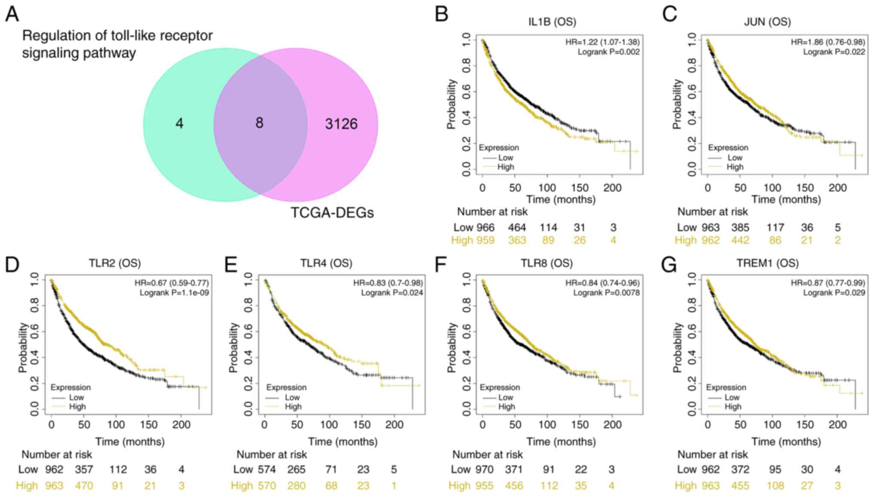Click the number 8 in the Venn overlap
[x=259, y=123]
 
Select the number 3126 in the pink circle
[x=341, y=124]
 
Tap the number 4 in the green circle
[x=179, y=124]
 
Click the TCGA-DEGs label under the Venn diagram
[x=332, y=212]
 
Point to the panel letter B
[x=442, y=14]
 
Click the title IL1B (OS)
[x=552, y=22]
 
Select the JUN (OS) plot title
[x=767, y=22]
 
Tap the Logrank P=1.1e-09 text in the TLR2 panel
[x=174, y=293]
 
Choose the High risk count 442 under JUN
[x=740, y=240]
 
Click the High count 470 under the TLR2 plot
[x=84, y=486]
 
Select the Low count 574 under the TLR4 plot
[x=267, y=469]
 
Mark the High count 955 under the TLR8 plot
[x=484, y=486]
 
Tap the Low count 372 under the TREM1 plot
[x=740, y=469]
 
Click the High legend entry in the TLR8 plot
[x=506, y=407]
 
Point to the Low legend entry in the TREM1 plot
[x=732, y=398]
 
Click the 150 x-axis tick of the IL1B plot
[x=580, y=188]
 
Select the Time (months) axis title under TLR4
[x=343, y=442]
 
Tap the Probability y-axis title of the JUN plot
[x=677, y=104]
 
